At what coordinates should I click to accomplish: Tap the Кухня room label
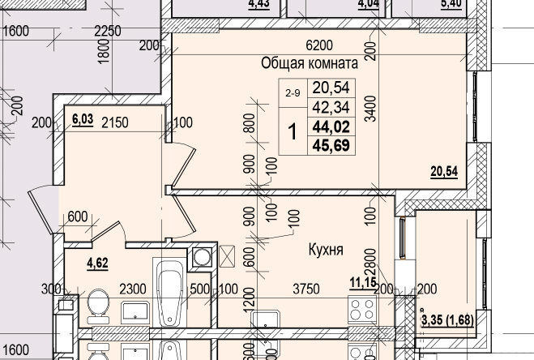point(325,251)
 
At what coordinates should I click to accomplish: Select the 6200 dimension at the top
point(319,45)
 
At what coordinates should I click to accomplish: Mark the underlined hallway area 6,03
point(82,119)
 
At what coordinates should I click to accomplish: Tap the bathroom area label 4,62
point(98,262)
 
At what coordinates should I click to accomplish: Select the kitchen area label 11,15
point(361,281)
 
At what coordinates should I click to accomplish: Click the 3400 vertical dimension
point(370,109)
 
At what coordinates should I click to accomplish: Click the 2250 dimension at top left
point(107,32)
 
